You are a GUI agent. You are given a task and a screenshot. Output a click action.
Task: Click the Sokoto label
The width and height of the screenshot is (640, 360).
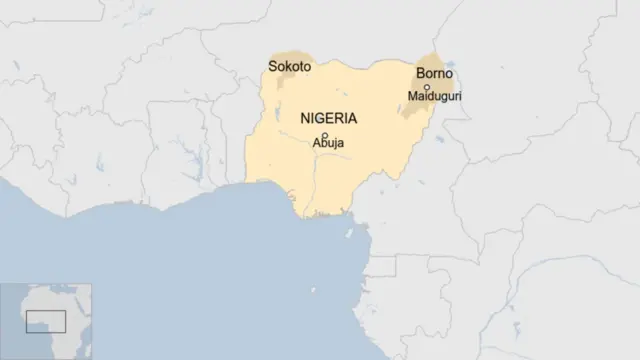[x=289, y=67]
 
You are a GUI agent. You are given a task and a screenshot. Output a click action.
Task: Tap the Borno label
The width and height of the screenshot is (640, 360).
[x=434, y=74]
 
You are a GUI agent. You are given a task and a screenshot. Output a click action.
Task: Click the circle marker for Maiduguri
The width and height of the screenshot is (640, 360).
[x=427, y=87]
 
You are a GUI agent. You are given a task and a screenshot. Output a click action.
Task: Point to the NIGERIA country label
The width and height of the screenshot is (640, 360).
[x=328, y=119]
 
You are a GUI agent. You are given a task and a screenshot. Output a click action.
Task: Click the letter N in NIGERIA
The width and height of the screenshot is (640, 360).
[x=305, y=119]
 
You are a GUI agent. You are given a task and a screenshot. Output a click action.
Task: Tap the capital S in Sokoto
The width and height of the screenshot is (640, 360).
[x=272, y=67]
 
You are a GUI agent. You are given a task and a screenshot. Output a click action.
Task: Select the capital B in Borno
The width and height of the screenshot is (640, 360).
[x=420, y=74]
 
